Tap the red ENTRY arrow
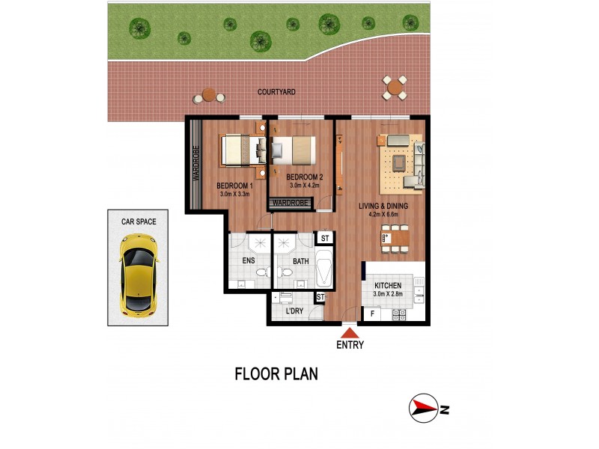[x=350, y=332]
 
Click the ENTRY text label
[x=350, y=346]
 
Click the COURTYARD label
[x=276, y=92]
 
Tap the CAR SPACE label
[x=139, y=222]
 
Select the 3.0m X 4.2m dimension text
[x=305, y=186]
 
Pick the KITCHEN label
[x=388, y=286]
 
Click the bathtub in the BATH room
[x=324, y=268]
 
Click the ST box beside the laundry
[x=320, y=297]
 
